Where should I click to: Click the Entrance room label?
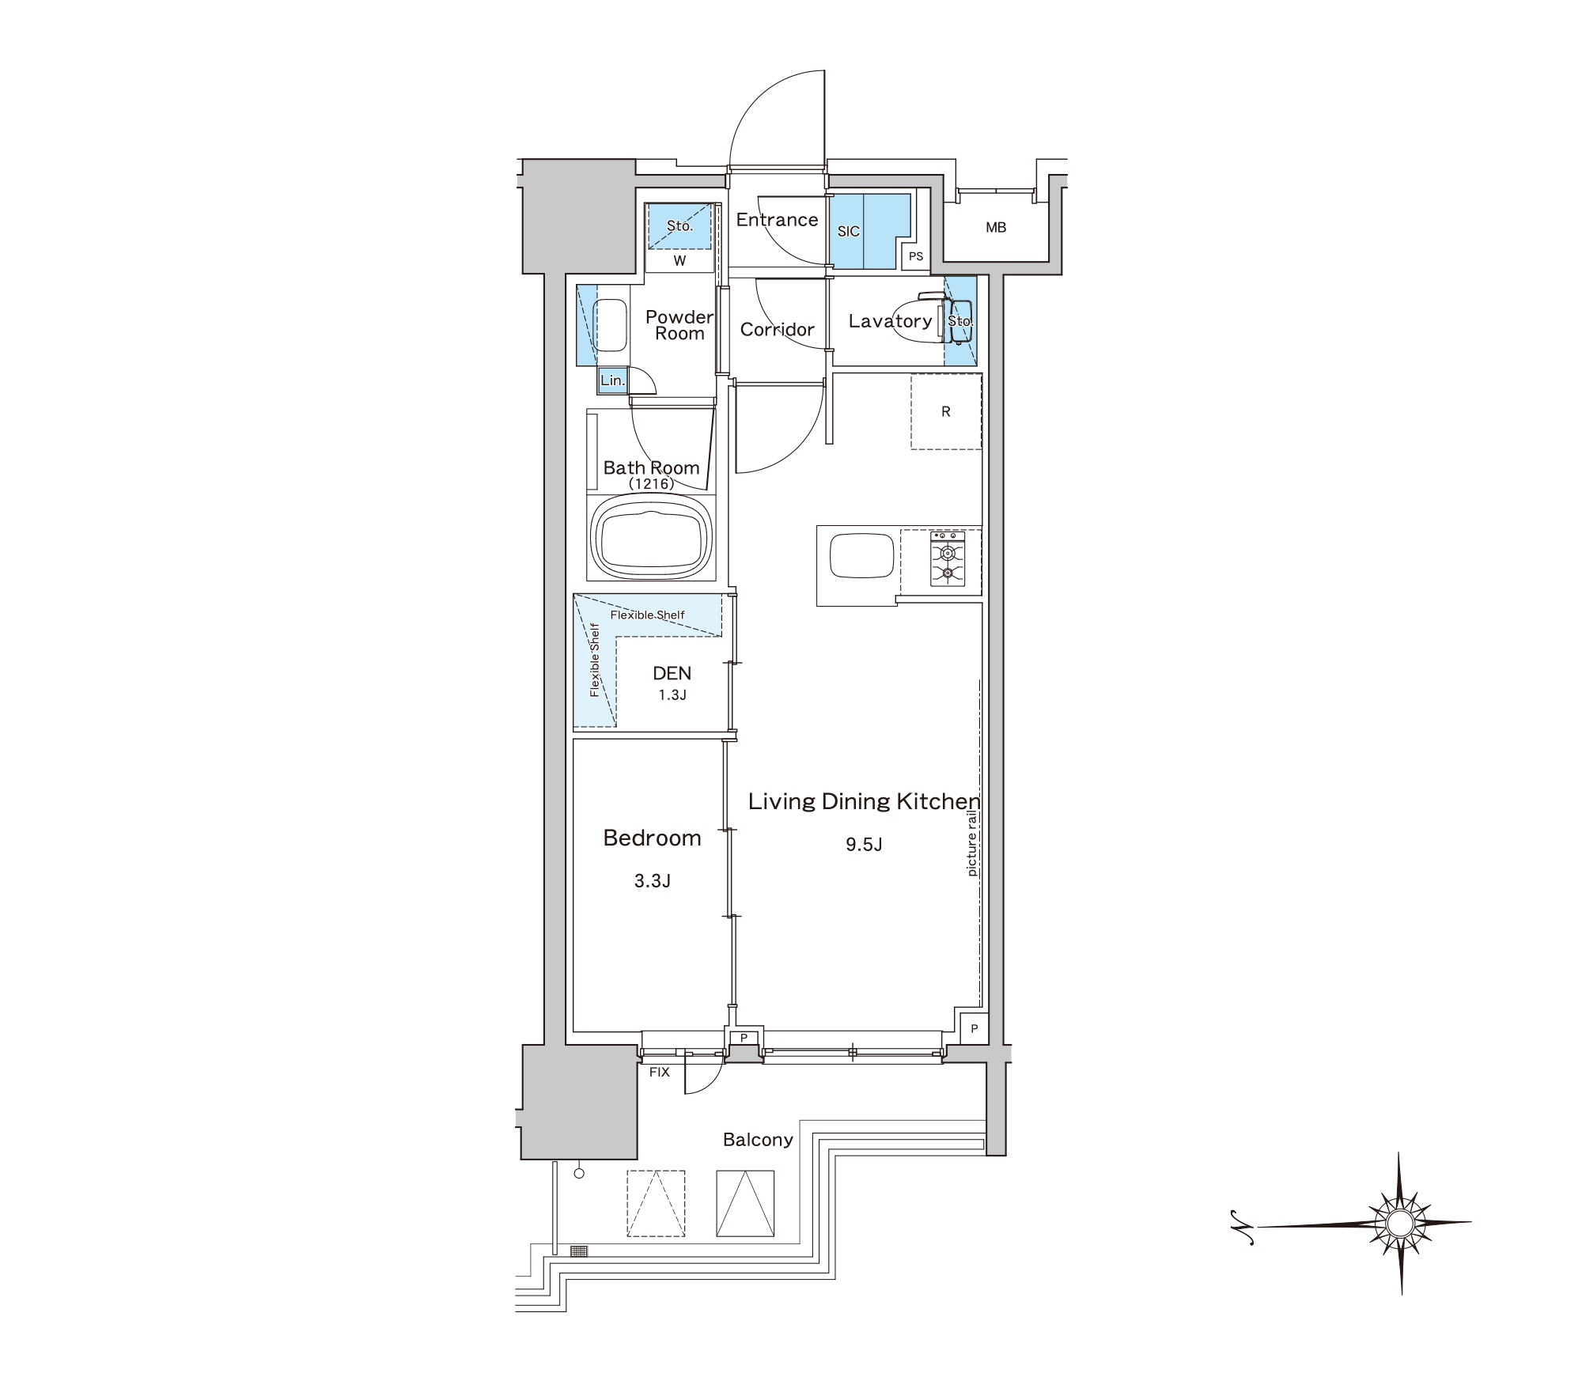(777, 220)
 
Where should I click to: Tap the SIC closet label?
(848, 232)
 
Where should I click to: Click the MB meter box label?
(996, 228)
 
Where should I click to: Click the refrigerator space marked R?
(946, 412)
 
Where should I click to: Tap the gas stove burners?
(948, 558)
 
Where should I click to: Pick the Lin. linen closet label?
(612, 380)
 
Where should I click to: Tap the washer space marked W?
(679, 260)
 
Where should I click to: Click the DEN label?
(672, 673)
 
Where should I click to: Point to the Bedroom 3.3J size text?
(652, 880)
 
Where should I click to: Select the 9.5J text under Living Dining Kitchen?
(864, 844)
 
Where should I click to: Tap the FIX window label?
(659, 1073)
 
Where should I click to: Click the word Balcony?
(758, 1140)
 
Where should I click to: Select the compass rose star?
(1399, 1223)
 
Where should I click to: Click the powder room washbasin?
(611, 325)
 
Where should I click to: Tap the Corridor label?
(777, 329)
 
